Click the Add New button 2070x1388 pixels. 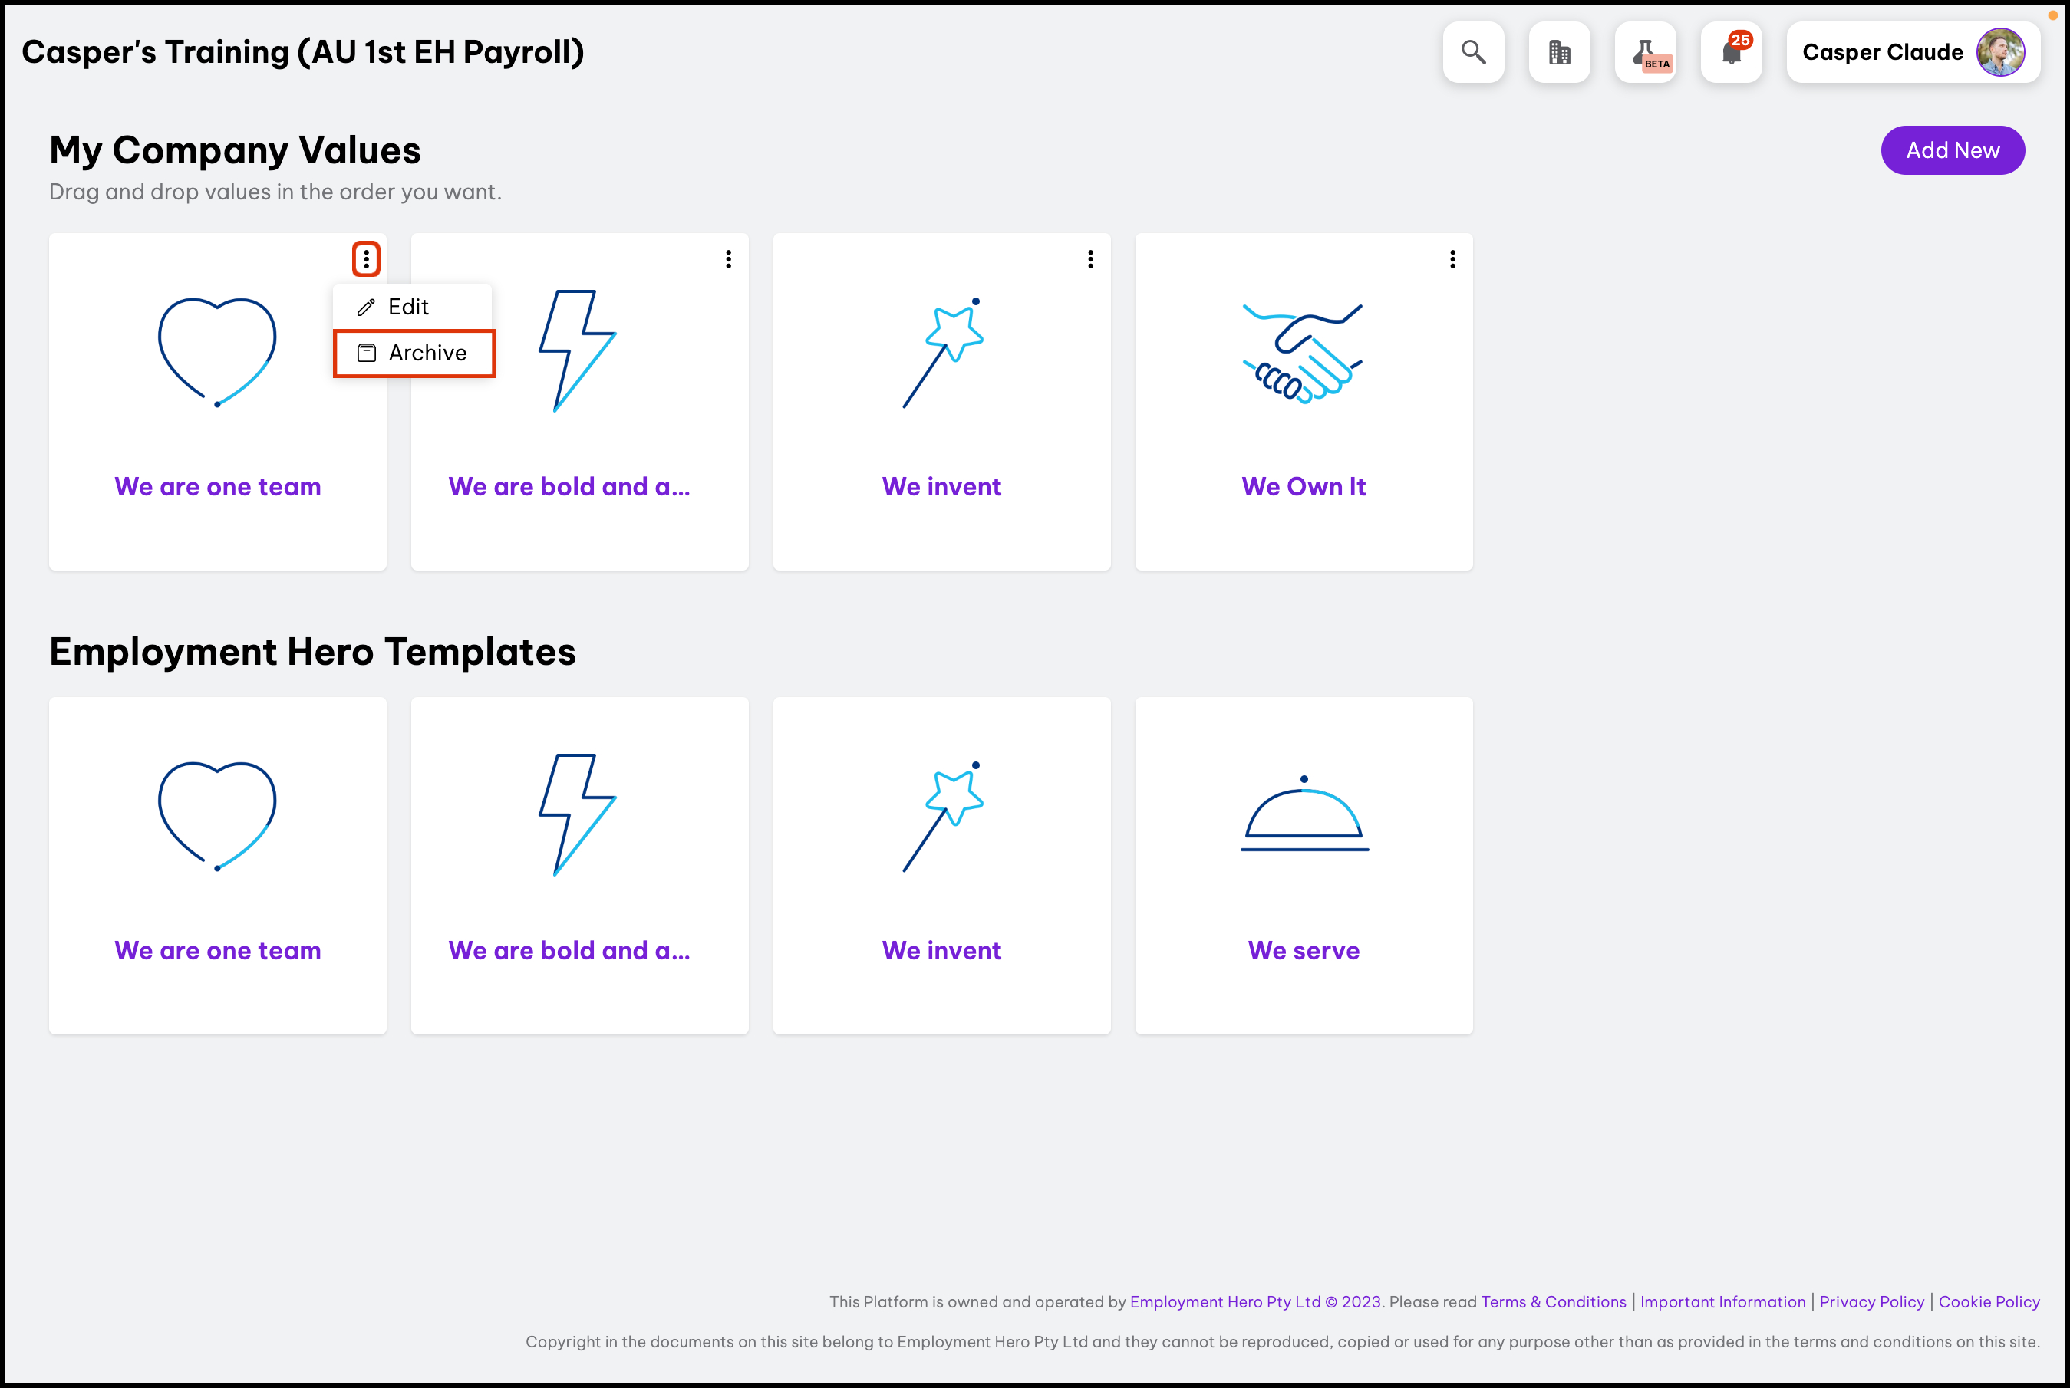coord(1953,150)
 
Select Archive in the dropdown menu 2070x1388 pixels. coord(414,354)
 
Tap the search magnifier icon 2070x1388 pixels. coord(1473,52)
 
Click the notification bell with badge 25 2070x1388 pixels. coord(1732,52)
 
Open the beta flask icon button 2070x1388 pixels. coord(1646,52)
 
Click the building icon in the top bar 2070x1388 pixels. coord(1559,52)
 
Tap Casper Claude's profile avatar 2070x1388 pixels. coord(2000,52)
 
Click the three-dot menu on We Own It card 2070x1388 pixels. coord(1453,259)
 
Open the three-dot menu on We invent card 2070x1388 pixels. coord(1091,259)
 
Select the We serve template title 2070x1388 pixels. coord(1304,951)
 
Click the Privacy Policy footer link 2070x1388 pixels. coord(1872,1302)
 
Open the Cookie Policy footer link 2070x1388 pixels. coord(1989,1302)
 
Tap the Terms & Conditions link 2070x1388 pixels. coord(1554,1302)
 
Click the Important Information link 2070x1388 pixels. coord(1723,1302)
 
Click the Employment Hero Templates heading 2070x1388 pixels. coord(312,653)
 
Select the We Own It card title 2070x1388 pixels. coord(1304,487)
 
